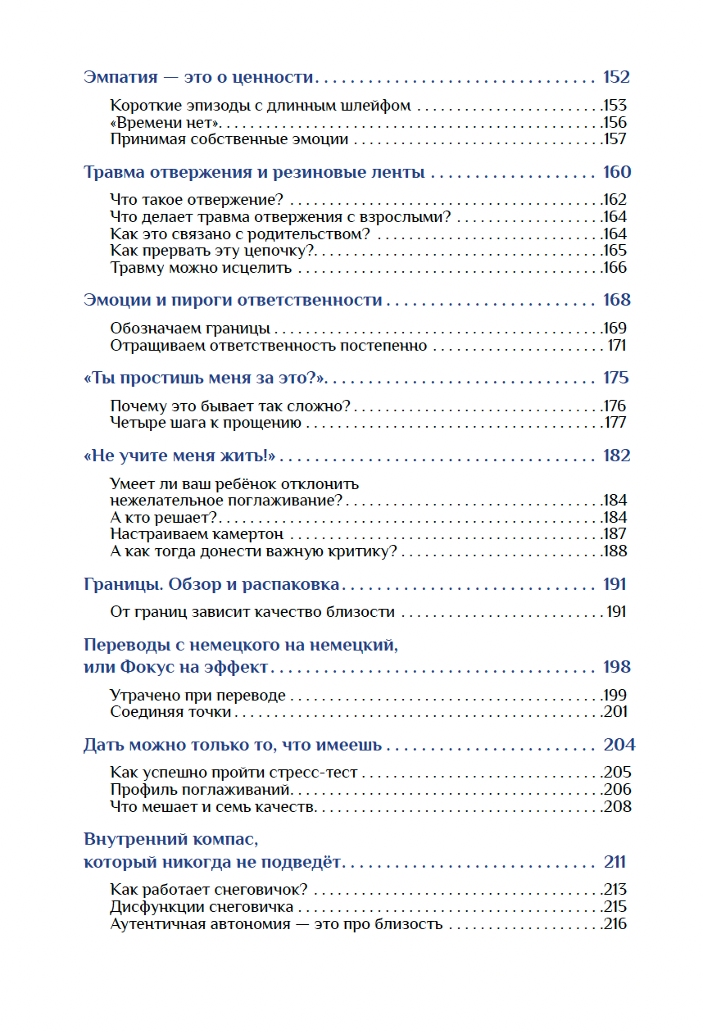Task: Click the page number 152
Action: [x=615, y=78]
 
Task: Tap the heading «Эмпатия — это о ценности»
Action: [x=199, y=78]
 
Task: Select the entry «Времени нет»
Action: [x=167, y=123]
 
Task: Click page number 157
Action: [x=615, y=139]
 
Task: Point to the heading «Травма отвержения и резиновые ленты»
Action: [x=254, y=173]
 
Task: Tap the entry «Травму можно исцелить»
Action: [x=202, y=268]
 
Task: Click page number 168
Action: [x=615, y=300]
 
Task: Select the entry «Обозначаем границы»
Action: [x=190, y=329]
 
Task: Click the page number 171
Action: [x=616, y=346]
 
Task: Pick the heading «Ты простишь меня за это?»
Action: [x=206, y=378]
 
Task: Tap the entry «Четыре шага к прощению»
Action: [x=206, y=424]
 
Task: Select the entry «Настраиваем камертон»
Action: [x=196, y=534]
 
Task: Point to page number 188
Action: [x=615, y=551]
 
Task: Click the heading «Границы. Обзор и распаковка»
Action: [x=212, y=584]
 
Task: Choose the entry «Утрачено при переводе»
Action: [x=197, y=696]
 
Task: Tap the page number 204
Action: [x=619, y=746]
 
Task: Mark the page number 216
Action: [x=615, y=924]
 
